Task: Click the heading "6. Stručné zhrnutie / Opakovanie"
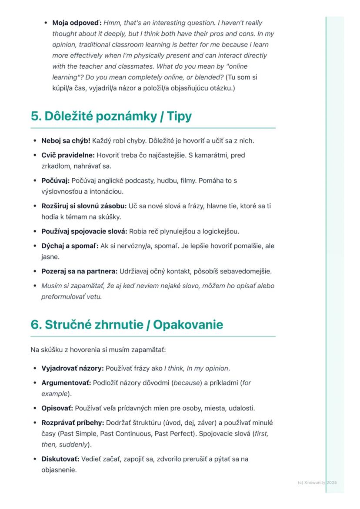tap(127, 325)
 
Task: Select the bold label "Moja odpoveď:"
tap(77, 23)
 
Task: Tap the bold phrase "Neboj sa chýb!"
tap(66, 141)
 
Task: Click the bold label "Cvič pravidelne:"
tap(68, 155)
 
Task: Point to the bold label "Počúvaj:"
tap(55, 180)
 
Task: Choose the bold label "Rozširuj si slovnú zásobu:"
tap(84, 206)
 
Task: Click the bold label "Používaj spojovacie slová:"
tap(84, 231)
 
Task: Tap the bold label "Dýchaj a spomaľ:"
tap(70, 246)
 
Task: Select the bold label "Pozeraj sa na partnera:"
tap(79, 271)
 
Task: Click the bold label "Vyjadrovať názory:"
tap(72, 369)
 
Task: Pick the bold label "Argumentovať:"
tap(66, 383)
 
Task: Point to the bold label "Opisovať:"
tap(57, 408)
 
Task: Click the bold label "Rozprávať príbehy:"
tap(72, 423)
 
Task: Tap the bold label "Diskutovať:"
tap(60, 459)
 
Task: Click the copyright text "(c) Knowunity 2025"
tap(317, 482)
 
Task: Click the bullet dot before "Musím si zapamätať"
tap(35, 286)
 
